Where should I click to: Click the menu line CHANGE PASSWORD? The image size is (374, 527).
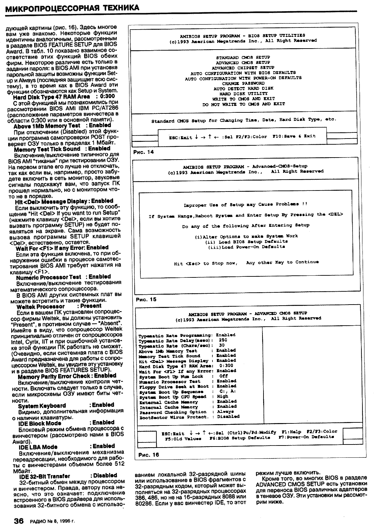point(243,83)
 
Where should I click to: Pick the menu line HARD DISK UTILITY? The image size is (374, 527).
point(243,93)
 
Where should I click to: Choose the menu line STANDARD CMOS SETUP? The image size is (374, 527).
point(243,57)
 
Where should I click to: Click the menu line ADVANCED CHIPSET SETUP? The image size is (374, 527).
point(243,68)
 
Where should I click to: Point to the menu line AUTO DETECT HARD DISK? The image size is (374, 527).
point(243,88)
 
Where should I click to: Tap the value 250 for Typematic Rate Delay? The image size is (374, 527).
point(223,340)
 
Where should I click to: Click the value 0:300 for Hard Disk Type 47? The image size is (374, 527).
point(226,366)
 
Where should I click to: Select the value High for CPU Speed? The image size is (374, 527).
point(223,396)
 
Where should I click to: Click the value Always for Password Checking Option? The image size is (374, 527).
point(225,412)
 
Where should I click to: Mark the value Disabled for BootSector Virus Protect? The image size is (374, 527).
point(228,416)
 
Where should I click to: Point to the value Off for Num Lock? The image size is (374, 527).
point(223,376)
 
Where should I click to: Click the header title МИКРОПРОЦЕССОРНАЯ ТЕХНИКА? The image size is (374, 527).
point(72,7)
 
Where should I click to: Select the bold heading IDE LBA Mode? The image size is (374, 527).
point(38,447)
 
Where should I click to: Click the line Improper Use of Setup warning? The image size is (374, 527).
point(245,205)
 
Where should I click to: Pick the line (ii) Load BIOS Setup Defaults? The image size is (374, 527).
point(247,241)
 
